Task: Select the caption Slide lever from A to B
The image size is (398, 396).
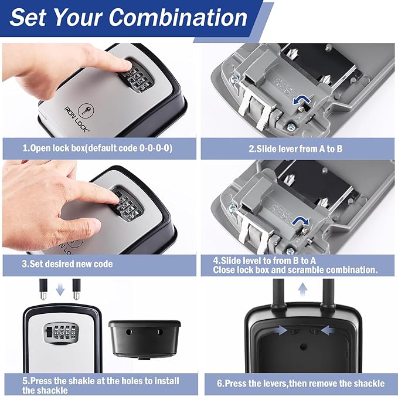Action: click(x=295, y=149)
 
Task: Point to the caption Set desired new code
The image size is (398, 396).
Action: click(x=67, y=264)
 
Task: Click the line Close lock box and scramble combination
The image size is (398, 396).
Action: click(x=289, y=270)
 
